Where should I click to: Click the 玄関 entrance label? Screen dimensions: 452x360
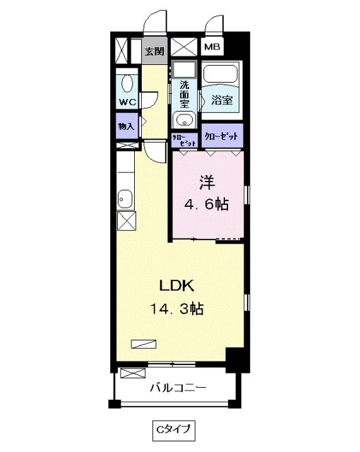point(155,51)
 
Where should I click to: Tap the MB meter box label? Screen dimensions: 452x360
point(212,47)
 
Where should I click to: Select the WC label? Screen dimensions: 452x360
point(127,102)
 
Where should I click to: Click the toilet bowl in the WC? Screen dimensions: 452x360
point(126,83)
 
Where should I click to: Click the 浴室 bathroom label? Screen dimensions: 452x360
point(222,100)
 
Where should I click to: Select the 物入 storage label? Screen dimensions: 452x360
point(127,127)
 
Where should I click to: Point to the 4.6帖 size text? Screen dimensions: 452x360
point(206,205)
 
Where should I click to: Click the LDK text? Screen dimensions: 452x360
point(177,285)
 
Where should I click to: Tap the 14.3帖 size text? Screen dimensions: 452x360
point(177,309)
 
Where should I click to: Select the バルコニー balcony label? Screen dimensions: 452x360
point(178,388)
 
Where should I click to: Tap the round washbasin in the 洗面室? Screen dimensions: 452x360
point(183,119)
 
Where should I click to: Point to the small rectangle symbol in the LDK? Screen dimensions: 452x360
point(143,344)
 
